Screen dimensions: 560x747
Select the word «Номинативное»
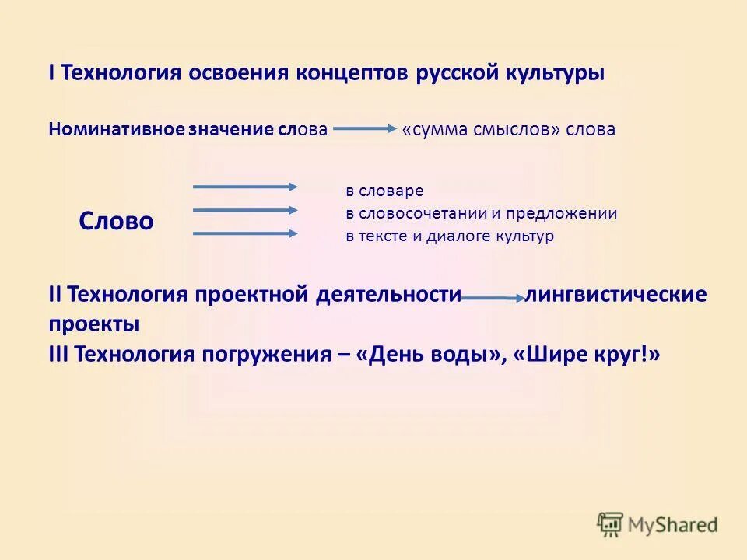(x=116, y=129)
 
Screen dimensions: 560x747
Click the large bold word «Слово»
(x=116, y=222)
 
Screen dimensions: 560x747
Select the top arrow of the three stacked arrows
(x=245, y=187)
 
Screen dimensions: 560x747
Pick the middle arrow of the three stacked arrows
(x=245, y=210)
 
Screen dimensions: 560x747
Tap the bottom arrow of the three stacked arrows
(x=245, y=233)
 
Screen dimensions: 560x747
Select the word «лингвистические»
(x=616, y=295)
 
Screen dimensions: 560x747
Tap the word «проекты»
(x=94, y=324)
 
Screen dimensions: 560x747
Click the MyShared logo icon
(x=611, y=525)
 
